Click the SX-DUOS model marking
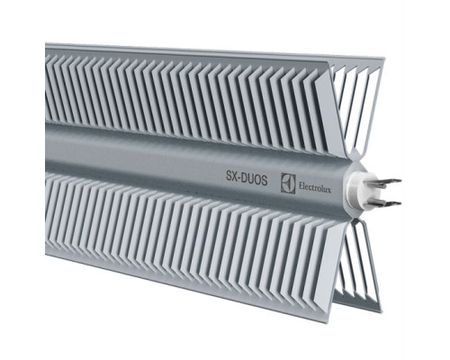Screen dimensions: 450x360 click(x=247, y=179)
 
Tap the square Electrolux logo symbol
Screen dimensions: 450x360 click(x=288, y=183)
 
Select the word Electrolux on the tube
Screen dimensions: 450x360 click(x=314, y=188)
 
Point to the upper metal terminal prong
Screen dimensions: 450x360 click(x=386, y=183)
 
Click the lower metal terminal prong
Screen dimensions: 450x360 click(x=386, y=204)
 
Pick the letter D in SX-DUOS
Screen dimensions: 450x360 click(x=246, y=179)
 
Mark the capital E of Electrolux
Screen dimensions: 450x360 click(x=301, y=186)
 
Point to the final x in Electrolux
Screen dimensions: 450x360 click(x=329, y=190)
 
